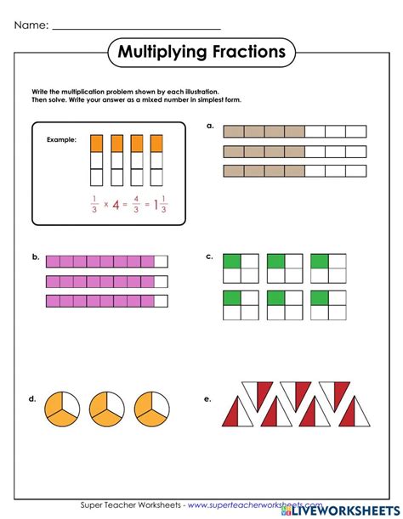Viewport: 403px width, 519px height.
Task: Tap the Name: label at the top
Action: pyautogui.click(x=30, y=26)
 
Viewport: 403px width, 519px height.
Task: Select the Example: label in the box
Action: pyautogui.click(x=62, y=139)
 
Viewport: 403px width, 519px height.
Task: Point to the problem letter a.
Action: pyautogui.click(x=210, y=125)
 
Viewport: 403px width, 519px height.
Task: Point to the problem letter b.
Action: pyautogui.click(x=35, y=256)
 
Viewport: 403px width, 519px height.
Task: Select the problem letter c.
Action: pyautogui.click(x=210, y=256)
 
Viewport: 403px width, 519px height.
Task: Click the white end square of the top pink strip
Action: pyautogui.click(x=162, y=262)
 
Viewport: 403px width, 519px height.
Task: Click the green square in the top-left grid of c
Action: pyautogui.click(x=231, y=262)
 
